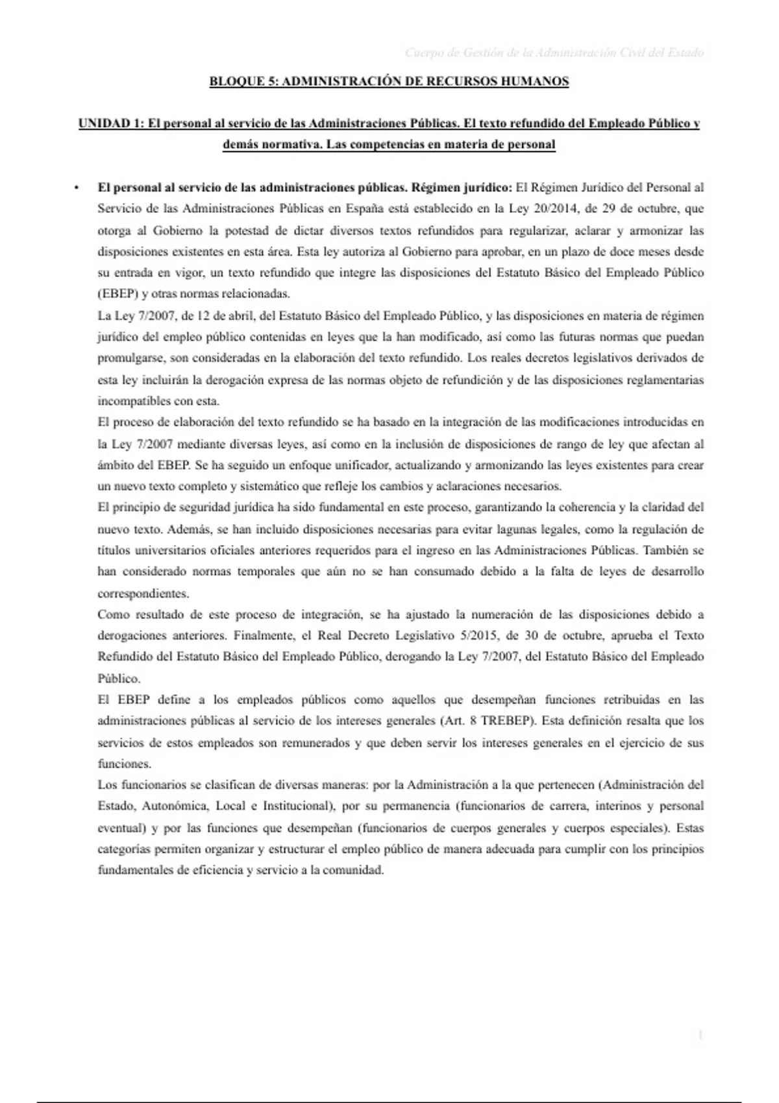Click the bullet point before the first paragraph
coord(77,188)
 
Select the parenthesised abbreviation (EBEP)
coord(117,294)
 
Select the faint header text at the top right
coord(554,53)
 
